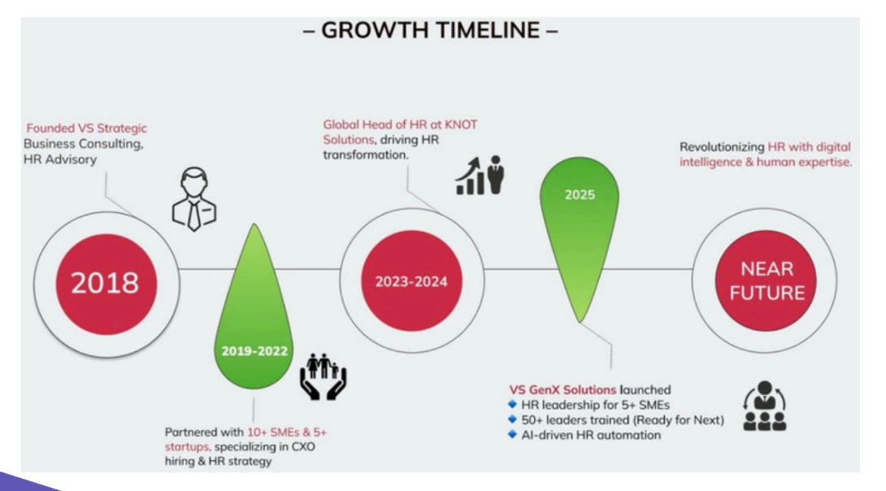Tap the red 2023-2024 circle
pyautogui.click(x=410, y=282)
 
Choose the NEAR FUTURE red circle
pyautogui.click(x=767, y=281)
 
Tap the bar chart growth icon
pyautogui.click(x=480, y=176)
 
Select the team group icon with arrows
pyautogui.click(x=765, y=407)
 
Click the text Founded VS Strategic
pyautogui.click(x=87, y=128)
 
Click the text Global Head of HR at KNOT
pyautogui.click(x=399, y=125)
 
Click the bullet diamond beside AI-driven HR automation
pyautogui.click(x=512, y=434)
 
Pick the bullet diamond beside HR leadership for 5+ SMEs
pyautogui.click(x=512, y=405)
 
